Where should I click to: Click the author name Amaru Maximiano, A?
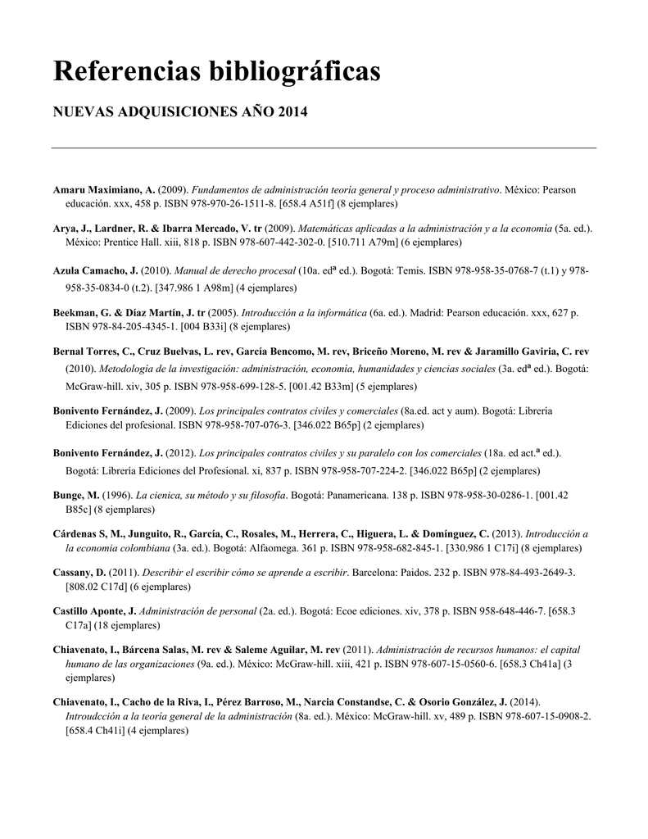coord(104,190)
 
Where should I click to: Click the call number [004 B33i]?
coord(201,326)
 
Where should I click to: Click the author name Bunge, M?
coord(76,496)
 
